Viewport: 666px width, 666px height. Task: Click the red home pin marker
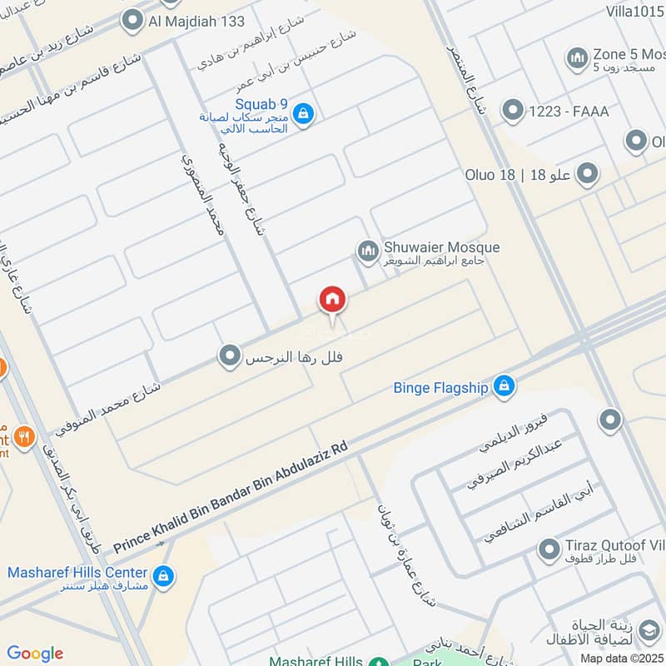pyautogui.click(x=332, y=300)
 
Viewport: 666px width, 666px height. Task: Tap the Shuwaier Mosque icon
pyautogui.click(x=367, y=250)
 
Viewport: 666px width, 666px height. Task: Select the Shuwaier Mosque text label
pyautogui.click(x=441, y=247)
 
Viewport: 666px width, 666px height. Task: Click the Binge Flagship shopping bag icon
pyautogui.click(x=503, y=386)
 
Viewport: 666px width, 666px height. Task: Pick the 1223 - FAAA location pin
pyautogui.click(x=513, y=111)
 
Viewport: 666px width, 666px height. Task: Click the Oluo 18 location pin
pyautogui.click(x=589, y=174)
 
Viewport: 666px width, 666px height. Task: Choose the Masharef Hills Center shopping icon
pyautogui.click(x=163, y=574)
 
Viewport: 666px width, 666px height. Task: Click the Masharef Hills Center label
pyautogui.click(x=77, y=573)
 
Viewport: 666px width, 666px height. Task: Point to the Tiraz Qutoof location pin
pyautogui.click(x=548, y=549)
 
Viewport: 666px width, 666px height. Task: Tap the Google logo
pyautogui.click(x=35, y=654)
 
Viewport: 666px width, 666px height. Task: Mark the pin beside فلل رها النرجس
pyautogui.click(x=229, y=357)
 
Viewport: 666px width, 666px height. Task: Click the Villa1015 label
pyautogui.click(x=636, y=11)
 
